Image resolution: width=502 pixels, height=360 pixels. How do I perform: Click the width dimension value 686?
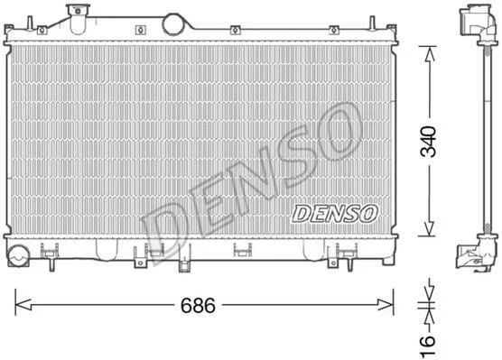pyautogui.click(x=198, y=305)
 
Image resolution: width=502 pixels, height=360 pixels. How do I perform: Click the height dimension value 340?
pyautogui.click(x=428, y=142)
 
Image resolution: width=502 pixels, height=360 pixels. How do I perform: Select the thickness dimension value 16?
pyautogui.click(x=428, y=346)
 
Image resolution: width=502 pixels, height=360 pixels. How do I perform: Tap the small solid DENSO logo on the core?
pyautogui.click(x=335, y=214)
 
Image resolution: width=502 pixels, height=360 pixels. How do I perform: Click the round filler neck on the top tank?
pyautogui.click(x=174, y=24)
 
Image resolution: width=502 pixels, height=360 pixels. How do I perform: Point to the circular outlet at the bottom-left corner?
pyautogui.click(x=18, y=256)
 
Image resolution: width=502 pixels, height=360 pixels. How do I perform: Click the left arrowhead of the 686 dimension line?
pyautogui.click(x=23, y=305)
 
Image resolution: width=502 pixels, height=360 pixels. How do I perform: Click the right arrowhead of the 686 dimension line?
pyautogui.click(x=386, y=304)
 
